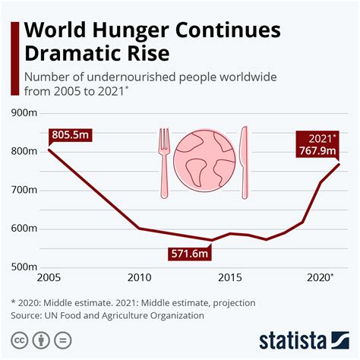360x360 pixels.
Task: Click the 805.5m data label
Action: click(71, 136)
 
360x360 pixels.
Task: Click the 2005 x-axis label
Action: click(49, 278)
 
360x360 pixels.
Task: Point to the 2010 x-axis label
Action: click(138, 278)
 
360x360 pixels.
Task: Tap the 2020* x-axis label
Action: click(319, 278)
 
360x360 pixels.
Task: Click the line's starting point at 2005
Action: click(49, 150)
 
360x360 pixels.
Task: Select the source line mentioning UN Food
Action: click(108, 314)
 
